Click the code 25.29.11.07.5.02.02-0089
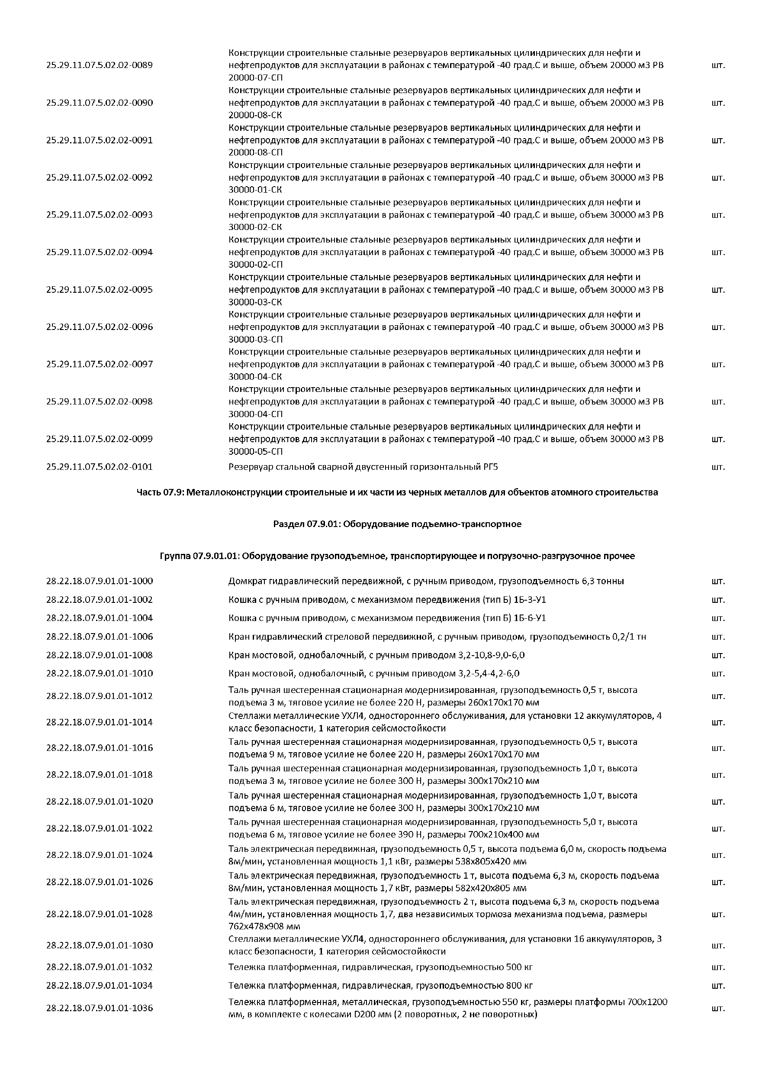[99, 65]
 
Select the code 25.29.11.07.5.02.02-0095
[99, 290]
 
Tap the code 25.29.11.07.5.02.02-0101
[99, 467]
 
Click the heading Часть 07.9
[397, 492]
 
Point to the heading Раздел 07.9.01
[397, 524]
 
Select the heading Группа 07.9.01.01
[397, 556]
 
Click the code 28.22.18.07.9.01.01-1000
[99, 581]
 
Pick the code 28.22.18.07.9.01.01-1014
[99, 722]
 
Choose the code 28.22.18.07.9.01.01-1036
[99, 1008]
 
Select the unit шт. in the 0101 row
[718, 467]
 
